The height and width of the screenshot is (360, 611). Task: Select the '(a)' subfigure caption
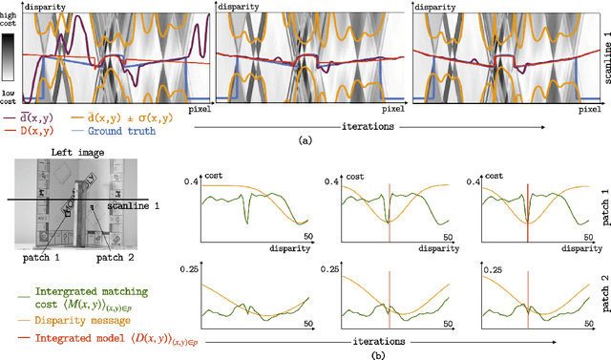tap(305, 140)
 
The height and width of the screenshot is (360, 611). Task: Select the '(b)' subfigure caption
tap(305, 352)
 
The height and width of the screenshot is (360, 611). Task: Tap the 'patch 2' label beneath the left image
tap(110, 257)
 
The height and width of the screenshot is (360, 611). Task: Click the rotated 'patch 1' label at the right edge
tap(600, 209)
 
